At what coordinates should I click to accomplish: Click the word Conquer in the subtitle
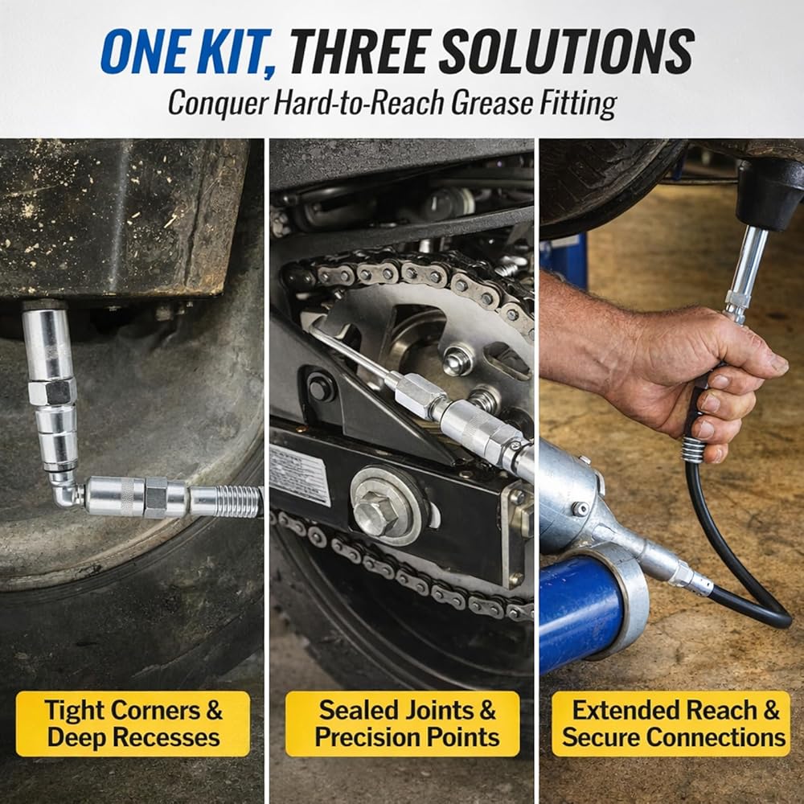click(x=217, y=103)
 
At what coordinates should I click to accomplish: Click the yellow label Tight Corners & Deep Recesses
click(x=133, y=724)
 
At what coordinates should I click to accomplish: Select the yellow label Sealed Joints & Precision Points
click(x=403, y=724)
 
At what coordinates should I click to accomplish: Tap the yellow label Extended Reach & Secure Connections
click(x=671, y=724)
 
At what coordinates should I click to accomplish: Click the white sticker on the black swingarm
click(x=299, y=475)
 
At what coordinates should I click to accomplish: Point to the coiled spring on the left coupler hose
click(x=227, y=501)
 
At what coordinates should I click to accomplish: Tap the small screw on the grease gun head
click(x=580, y=509)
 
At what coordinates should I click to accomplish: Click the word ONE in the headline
click(x=144, y=51)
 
